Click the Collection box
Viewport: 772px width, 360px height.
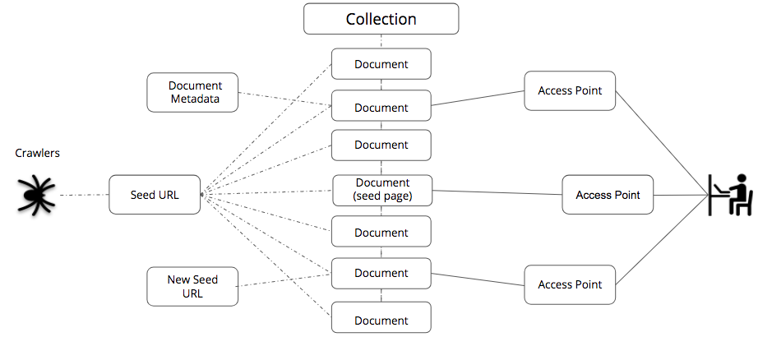click(381, 19)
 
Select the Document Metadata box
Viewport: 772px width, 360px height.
click(195, 92)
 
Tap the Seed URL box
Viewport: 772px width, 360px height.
click(155, 196)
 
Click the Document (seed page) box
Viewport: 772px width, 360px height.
click(381, 190)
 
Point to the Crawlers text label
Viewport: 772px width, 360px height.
click(37, 153)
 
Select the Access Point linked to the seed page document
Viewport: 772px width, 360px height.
click(608, 195)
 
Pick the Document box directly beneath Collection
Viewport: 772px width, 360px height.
click(381, 64)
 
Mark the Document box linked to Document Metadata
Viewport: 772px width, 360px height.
click(381, 107)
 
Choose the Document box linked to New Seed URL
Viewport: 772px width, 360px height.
click(381, 273)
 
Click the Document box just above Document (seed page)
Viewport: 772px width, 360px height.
click(381, 145)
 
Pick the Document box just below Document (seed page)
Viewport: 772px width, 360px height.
click(381, 233)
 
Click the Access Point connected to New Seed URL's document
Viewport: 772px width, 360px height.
click(570, 284)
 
